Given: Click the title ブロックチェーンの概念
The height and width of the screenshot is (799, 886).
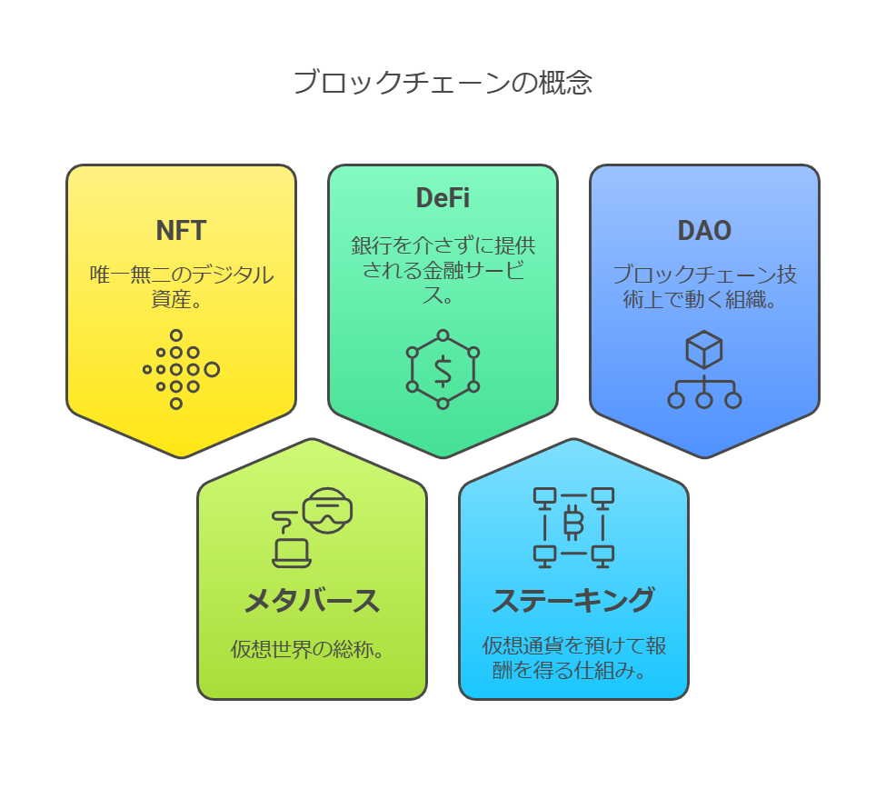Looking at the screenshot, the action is [443, 83].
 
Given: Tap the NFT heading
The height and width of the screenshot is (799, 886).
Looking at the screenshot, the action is [181, 231].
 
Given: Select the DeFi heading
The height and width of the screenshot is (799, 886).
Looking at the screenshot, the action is [443, 198].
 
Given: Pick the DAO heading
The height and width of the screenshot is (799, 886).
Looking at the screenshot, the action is [704, 231].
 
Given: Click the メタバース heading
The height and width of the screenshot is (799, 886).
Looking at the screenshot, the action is [312, 601].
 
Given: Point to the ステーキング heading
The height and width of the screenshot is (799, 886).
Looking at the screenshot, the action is [573, 600].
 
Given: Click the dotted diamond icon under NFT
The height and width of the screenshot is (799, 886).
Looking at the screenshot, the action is [181, 370].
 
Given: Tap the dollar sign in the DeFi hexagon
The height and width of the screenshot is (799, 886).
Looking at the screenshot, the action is [443, 371].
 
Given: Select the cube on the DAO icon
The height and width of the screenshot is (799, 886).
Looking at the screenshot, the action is [704, 350].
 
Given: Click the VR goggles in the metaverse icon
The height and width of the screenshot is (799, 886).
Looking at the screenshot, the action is [328, 510].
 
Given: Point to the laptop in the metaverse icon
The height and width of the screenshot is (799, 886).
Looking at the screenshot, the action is [292, 554].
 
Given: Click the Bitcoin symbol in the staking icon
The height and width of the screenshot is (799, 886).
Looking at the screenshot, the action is [573, 524].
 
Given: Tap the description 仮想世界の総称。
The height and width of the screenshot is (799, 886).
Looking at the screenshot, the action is [307, 650].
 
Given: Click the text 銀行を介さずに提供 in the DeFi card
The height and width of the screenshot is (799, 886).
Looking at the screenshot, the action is [443, 245].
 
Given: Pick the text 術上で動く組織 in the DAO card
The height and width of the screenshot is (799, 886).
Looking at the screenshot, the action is [694, 299].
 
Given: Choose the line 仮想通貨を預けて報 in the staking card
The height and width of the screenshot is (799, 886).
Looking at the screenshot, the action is [574, 646].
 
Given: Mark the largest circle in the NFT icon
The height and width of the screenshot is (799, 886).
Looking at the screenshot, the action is [213, 370].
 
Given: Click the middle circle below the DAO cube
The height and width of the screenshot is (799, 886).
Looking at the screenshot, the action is [704, 401].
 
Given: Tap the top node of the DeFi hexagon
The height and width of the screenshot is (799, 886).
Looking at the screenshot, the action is [443, 335].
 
